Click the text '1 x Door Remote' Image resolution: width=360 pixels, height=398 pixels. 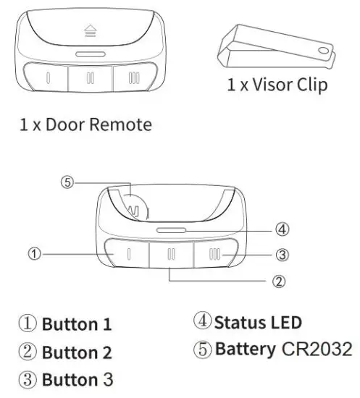pyautogui.click(x=85, y=124)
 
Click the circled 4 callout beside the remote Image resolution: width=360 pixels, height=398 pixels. pyautogui.click(x=283, y=229)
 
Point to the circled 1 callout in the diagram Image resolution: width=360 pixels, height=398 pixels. pyautogui.click(x=33, y=253)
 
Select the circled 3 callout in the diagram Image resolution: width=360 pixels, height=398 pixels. pyautogui.click(x=283, y=254)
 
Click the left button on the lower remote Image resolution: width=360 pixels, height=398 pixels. pyautogui.click(x=128, y=255)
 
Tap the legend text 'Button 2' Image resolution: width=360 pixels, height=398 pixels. pyautogui.click(x=77, y=353)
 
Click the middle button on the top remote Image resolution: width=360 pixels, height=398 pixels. pyautogui.click(x=91, y=78)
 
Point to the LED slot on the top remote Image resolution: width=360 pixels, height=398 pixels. pyautogui.click(x=91, y=54)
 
